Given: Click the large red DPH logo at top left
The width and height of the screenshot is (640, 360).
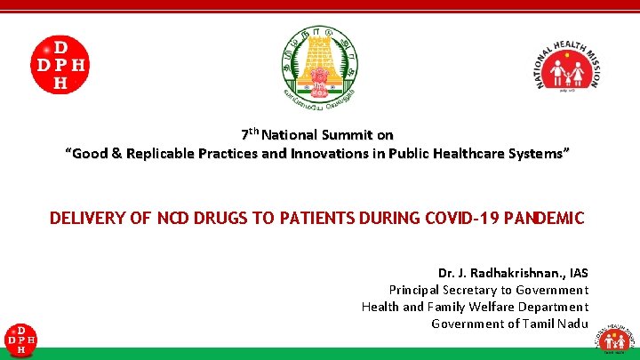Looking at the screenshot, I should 60,64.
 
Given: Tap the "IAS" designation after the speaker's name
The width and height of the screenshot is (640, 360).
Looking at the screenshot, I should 577,272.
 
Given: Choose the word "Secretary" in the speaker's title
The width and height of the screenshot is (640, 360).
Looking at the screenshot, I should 465,290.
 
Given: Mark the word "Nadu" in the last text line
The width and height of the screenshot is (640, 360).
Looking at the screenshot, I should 573,324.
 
